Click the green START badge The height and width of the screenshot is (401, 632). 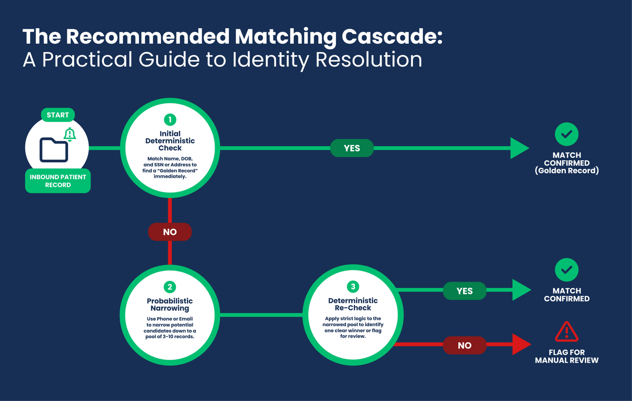click(x=58, y=115)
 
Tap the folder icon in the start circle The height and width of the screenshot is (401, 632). click(x=54, y=150)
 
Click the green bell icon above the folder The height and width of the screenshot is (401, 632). click(x=70, y=134)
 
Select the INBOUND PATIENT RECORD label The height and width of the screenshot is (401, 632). click(x=58, y=181)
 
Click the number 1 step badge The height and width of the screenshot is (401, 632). click(x=170, y=120)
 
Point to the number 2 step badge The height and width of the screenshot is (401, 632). click(x=170, y=287)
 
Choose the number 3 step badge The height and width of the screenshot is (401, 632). click(x=353, y=287)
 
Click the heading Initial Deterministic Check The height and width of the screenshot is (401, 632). click(x=170, y=141)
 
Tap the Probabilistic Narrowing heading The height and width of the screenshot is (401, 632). click(x=170, y=304)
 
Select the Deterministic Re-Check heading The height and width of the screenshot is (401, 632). click(x=353, y=304)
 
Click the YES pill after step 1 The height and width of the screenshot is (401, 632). click(x=352, y=148)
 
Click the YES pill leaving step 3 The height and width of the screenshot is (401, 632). click(x=465, y=291)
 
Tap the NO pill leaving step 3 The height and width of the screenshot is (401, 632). click(x=465, y=345)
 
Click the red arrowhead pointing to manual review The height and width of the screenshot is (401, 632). click(x=521, y=344)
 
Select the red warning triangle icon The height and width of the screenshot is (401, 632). click(x=567, y=332)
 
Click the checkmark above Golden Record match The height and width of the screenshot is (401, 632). click(x=567, y=134)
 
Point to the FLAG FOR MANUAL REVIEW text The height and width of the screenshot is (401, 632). click(x=567, y=356)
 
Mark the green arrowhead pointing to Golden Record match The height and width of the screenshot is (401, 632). click(x=519, y=148)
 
